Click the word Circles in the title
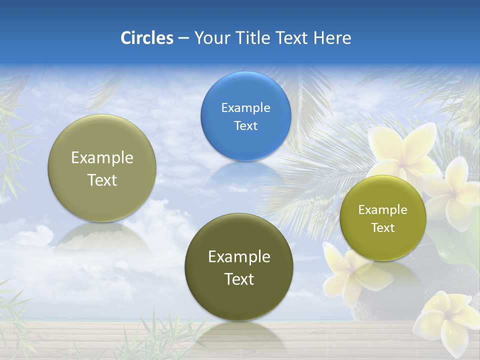click(146, 38)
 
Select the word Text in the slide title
click(292, 38)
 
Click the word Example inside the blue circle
click(245, 108)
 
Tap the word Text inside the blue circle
click(245, 126)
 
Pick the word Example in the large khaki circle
click(102, 158)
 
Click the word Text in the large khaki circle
click(102, 180)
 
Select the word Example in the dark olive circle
click(239, 257)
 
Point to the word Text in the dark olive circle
click(239, 279)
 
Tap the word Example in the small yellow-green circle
click(382, 210)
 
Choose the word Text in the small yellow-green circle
click(382, 228)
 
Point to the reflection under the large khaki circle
click(102, 237)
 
